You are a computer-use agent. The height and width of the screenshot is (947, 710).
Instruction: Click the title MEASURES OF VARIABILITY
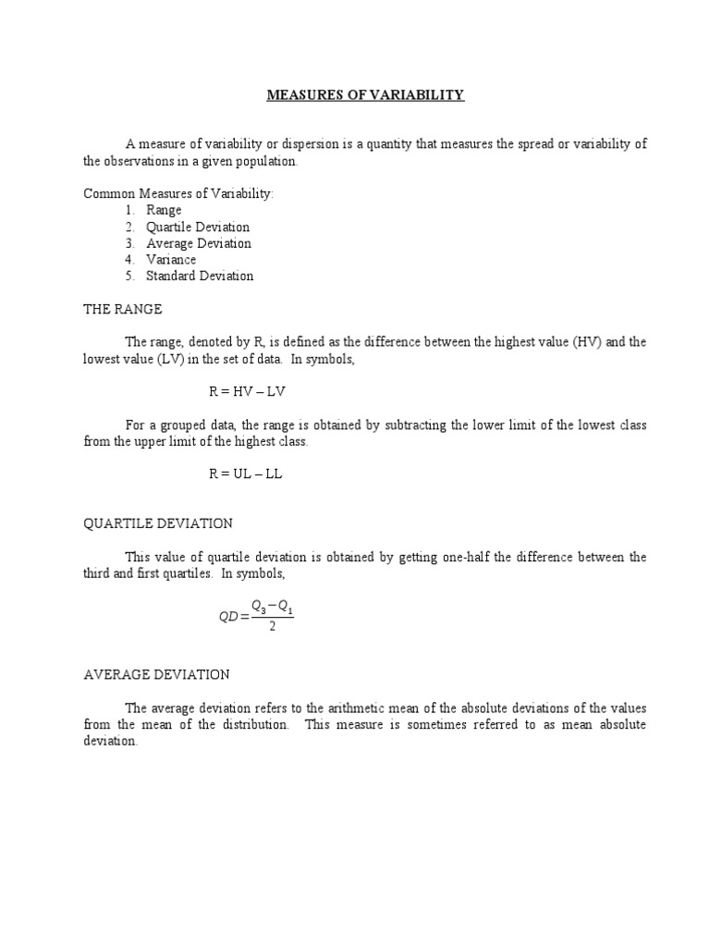tap(365, 95)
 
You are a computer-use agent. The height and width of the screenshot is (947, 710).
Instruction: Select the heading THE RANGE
tap(122, 309)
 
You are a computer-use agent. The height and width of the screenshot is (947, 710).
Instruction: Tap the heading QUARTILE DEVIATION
tap(158, 523)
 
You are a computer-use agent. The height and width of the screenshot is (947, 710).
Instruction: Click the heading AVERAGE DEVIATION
tap(156, 675)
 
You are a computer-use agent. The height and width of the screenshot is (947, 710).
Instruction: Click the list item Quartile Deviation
tap(198, 227)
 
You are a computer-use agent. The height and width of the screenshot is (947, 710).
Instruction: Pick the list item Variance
tap(171, 260)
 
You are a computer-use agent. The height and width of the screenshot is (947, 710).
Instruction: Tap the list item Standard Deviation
tap(200, 276)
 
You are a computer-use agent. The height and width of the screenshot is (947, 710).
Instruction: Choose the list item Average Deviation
tap(199, 243)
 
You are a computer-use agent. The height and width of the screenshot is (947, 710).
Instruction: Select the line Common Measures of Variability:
tap(179, 193)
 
